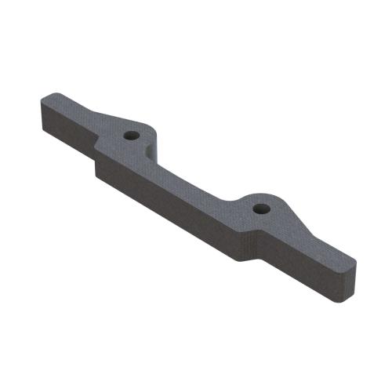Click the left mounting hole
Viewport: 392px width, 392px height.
132,135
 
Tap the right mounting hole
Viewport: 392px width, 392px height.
260,209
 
